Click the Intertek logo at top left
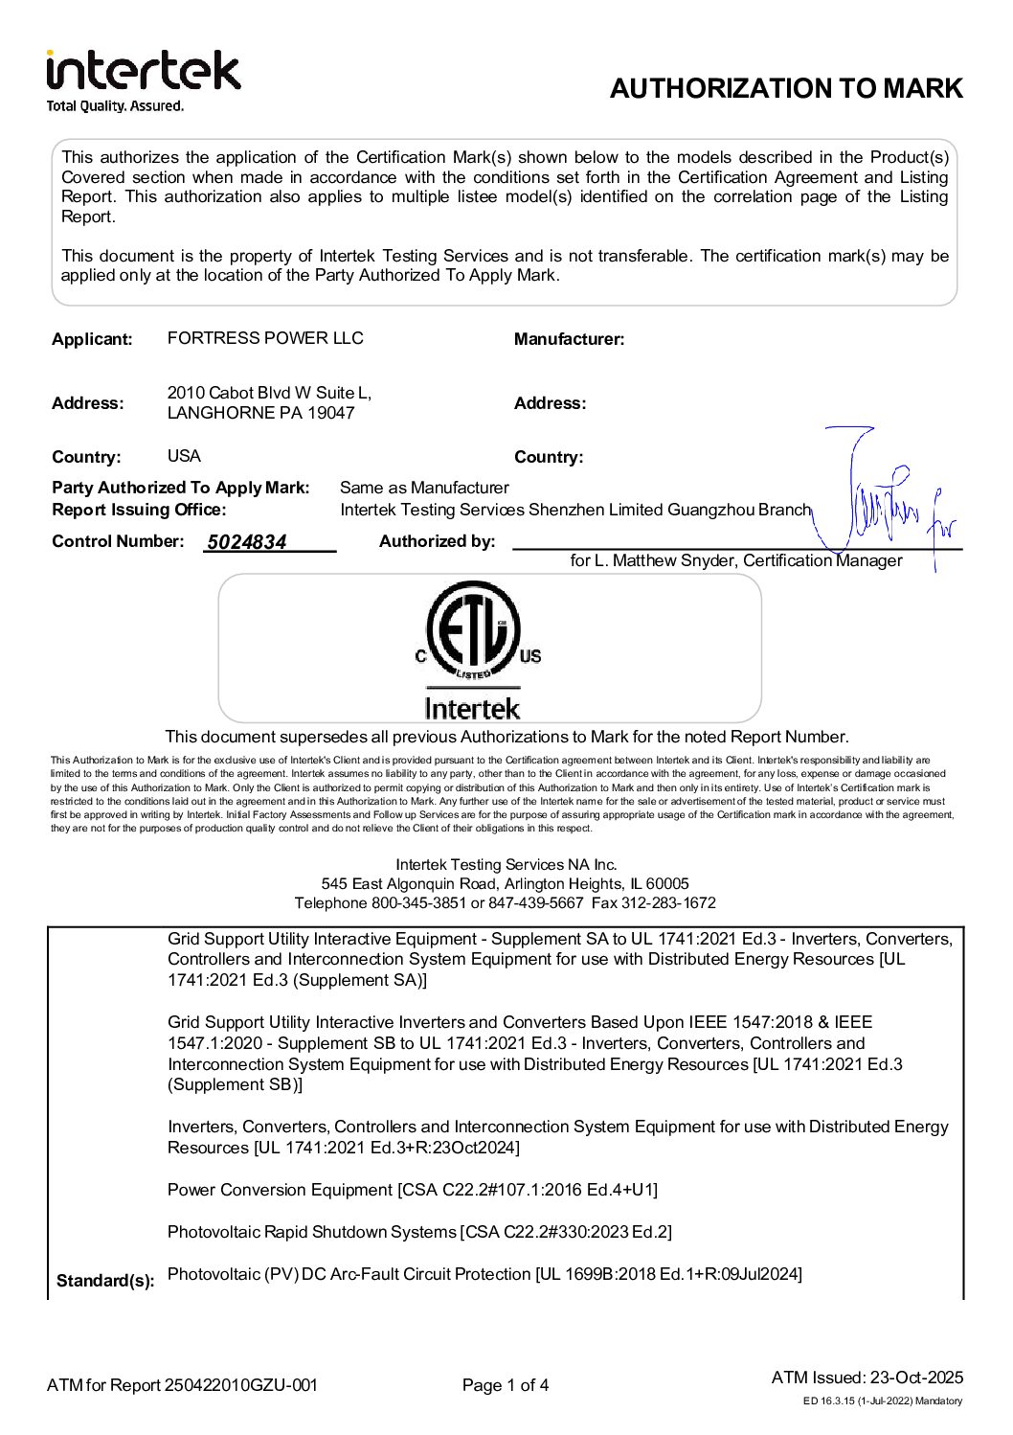[144, 71]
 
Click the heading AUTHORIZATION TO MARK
[785, 88]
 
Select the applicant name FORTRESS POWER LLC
[265, 338]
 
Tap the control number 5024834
[247, 542]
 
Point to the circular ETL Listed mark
[473, 630]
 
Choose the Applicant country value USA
[184, 456]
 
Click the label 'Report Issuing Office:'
[139, 510]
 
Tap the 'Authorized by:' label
[437, 541]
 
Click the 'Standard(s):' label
[105, 1281]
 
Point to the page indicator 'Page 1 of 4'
[506, 1385]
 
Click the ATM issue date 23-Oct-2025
[916, 1378]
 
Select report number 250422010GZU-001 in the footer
[241, 1385]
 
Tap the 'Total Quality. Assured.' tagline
[115, 106]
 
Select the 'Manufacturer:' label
[569, 339]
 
